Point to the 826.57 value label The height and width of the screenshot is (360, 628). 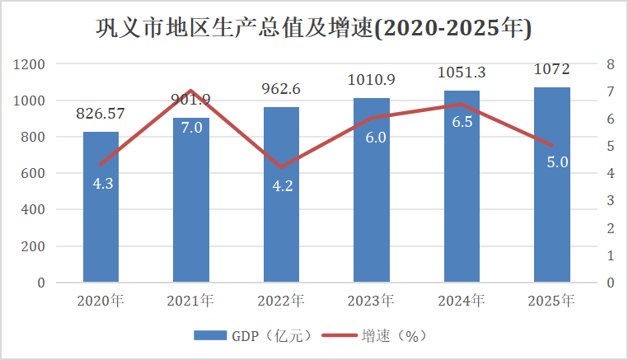tap(101, 114)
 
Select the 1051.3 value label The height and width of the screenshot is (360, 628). tap(462, 72)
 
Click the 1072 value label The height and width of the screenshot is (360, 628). tap(551, 68)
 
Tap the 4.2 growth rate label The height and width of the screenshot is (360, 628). tap(283, 185)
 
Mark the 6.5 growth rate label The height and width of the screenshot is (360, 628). tap(462, 122)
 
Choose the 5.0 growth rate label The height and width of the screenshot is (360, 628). tap(557, 162)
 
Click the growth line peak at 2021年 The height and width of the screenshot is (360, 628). tap(191, 91)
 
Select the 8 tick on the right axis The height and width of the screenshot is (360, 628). tap(610, 64)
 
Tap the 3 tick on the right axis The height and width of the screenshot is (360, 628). tap(610, 200)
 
